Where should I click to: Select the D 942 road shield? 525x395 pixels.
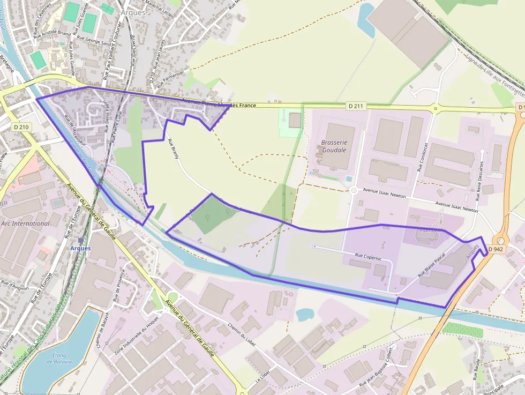click(x=496, y=249)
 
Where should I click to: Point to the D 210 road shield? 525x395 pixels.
click(x=21, y=126)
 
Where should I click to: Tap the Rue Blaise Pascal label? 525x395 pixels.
click(x=432, y=265)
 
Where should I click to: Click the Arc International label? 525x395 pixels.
click(x=25, y=223)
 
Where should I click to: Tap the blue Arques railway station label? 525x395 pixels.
click(x=80, y=248)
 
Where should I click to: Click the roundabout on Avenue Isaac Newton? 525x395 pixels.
click(x=353, y=190)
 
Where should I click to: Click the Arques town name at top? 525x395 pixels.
click(x=133, y=12)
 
